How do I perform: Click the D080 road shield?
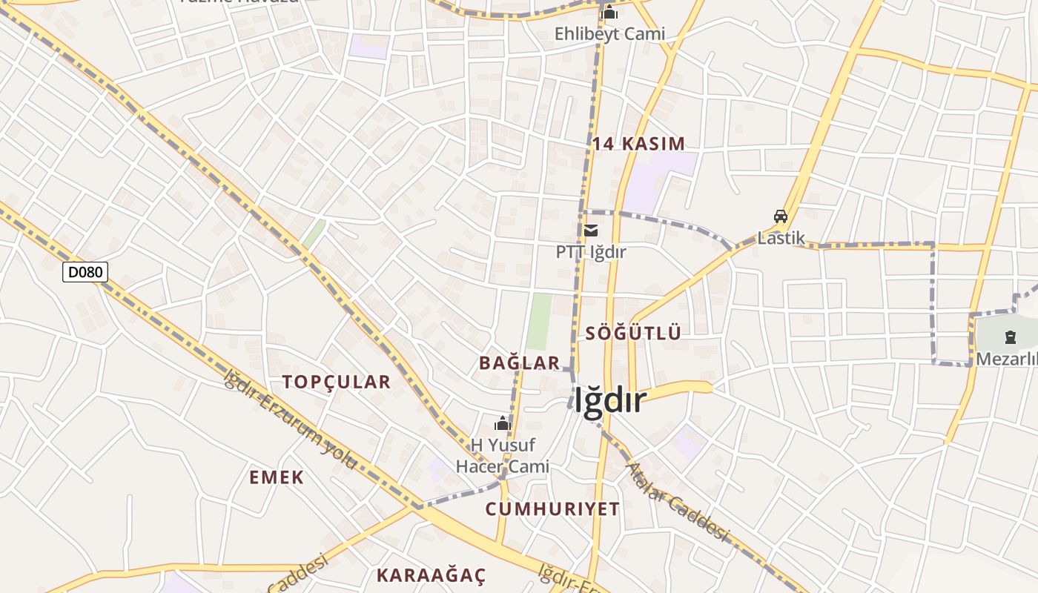(x=85, y=272)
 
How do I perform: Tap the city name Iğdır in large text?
(x=610, y=401)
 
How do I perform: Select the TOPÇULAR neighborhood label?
(x=336, y=382)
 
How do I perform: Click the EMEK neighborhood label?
(x=277, y=477)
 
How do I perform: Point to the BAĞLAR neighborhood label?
(x=519, y=362)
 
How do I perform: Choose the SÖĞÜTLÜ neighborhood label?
(x=633, y=333)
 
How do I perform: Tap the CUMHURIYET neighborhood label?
(x=552, y=508)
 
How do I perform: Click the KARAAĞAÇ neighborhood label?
(x=431, y=574)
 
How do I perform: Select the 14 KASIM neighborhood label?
(x=638, y=144)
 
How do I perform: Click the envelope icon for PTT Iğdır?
(x=591, y=231)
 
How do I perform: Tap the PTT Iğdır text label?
(x=591, y=252)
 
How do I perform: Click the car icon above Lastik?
(x=781, y=216)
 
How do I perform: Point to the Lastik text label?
(x=781, y=238)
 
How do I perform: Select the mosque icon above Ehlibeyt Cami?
(x=609, y=13)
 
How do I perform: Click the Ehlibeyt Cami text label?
(x=609, y=33)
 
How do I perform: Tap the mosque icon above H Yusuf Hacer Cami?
(x=503, y=424)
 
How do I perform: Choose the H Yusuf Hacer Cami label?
(x=503, y=456)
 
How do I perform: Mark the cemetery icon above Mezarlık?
(x=1010, y=338)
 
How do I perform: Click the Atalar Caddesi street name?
(x=678, y=503)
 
